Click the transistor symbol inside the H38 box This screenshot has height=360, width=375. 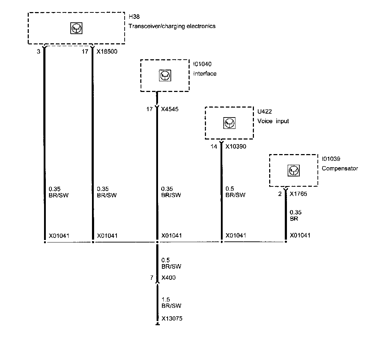(76, 28)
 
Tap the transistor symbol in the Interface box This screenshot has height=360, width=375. (165, 75)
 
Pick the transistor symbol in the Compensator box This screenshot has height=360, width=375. (293, 170)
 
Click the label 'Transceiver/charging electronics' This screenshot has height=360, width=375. (172, 26)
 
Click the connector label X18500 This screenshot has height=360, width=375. (107, 51)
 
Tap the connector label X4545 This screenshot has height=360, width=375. (170, 109)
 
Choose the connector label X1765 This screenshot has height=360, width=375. (298, 194)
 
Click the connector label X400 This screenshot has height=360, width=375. (168, 278)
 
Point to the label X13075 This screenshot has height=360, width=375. (172, 318)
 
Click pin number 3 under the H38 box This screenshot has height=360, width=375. (38, 51)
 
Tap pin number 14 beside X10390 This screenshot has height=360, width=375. (213, 146)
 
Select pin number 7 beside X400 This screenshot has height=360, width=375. (152, 278)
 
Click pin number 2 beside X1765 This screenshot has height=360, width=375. (280, 194)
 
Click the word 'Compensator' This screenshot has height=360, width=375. (339, 168)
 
